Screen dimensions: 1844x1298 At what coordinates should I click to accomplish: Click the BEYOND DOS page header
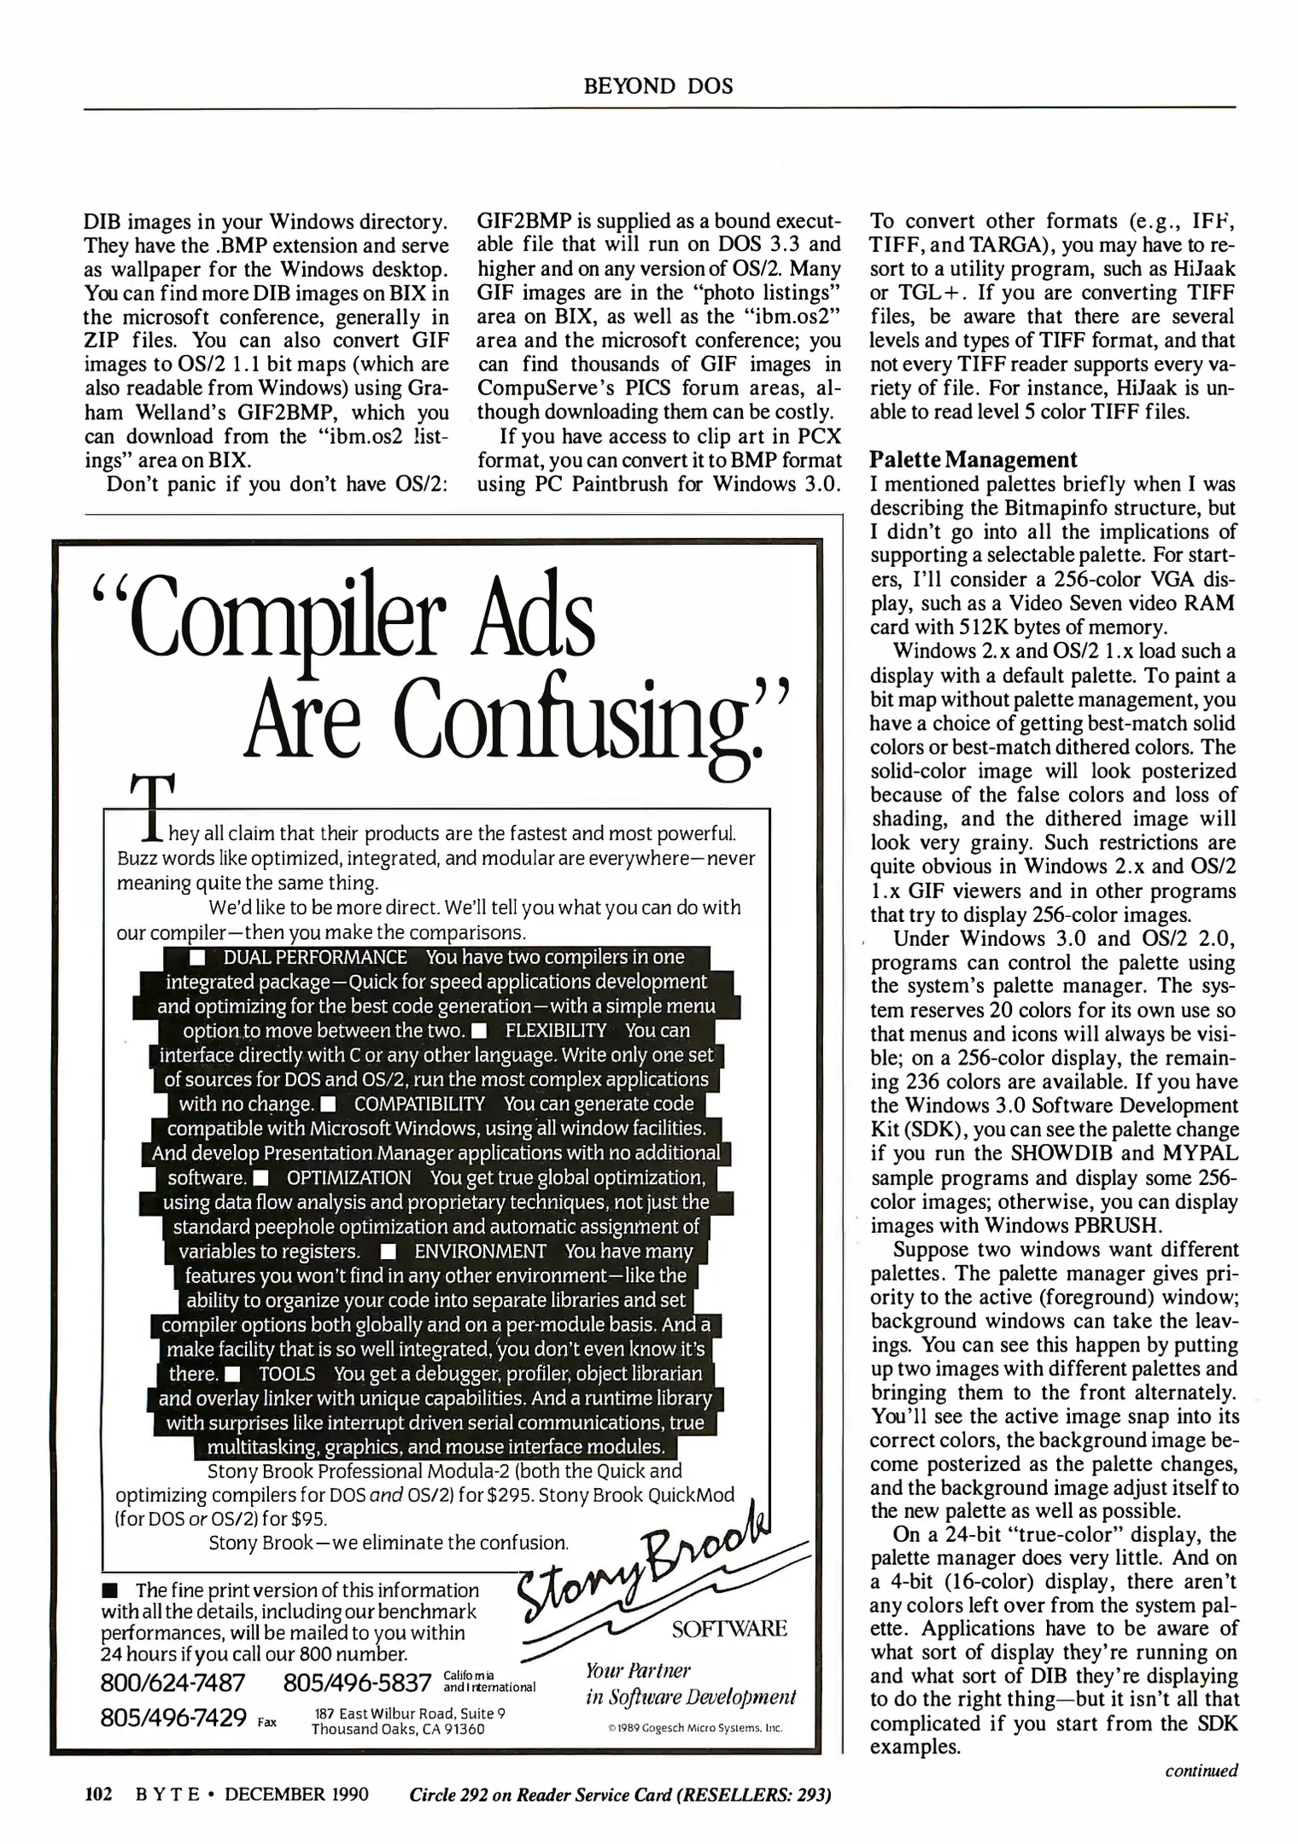pyautogui.click(x=658, y=85)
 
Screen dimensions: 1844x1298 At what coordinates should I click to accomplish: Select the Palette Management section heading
pyautogui.click(x=973, y=460)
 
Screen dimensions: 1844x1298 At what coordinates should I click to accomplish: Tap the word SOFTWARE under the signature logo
pyautogui.click(x=728, y=1628)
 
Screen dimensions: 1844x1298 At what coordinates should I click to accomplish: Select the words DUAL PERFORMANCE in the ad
pyautogui.click(x=315, y=958)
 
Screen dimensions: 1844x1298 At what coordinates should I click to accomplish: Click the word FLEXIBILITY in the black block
pyautogui.click(x=555, y=1030)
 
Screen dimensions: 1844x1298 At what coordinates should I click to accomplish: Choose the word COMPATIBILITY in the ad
pyautogui.click(x=419, y=1104)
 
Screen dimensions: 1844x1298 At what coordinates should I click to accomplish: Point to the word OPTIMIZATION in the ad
pyautogui.click(x=348, y=1178)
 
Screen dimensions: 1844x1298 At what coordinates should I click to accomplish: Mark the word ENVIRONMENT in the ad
pyautogui.click(x=480, y=1252)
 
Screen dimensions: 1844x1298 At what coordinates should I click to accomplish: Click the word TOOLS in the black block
pyautogui.click(x=287, y=1374)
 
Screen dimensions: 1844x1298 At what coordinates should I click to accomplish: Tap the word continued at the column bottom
pyautogui.click(x=1202, y=1771)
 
